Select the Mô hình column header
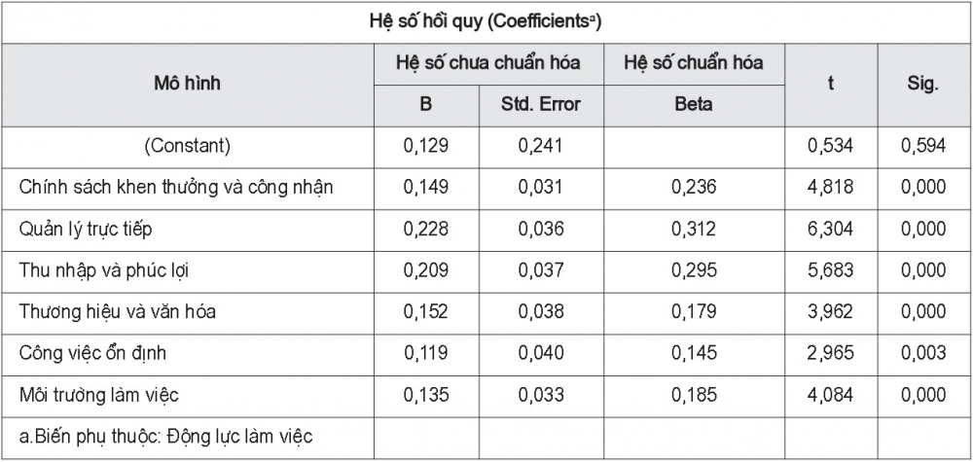point(188,83)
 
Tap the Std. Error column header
point(540,104)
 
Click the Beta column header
point(693,104)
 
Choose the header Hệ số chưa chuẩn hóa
point(488,62)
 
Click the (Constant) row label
point(188,146)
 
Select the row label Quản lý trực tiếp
point(86,230)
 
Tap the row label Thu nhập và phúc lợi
point(102,271)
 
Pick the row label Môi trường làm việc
point(99,395)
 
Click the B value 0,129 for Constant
point(426,146)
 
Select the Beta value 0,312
point(693,230)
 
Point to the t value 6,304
point(830,230)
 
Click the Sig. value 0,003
point(923,353)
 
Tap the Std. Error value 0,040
point(540,353)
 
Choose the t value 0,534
point(830,146)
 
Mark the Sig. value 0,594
point(923,146)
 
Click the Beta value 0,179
point(693,312)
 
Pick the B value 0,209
point(426,271)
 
